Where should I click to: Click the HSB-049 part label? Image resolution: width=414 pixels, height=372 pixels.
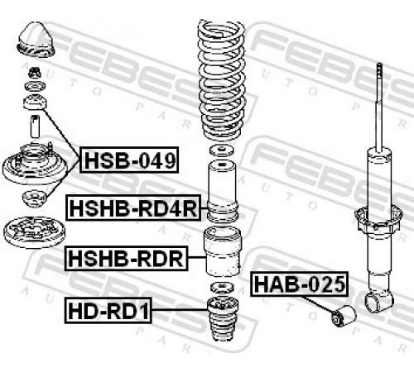click(129, 160)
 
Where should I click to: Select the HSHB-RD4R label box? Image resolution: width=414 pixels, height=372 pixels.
click(133, 207)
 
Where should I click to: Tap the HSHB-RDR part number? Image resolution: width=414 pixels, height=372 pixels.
click(127, 258)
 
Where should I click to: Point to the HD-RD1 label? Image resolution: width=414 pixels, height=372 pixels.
click(108, 310)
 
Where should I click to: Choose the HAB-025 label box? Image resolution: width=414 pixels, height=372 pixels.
click(300, 284)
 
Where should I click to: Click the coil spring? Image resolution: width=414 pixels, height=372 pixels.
click(221, 80)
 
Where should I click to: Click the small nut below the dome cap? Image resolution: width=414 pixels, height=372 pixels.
click(35, 73)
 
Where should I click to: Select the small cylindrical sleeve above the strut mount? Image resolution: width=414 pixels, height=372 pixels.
click(35, 126)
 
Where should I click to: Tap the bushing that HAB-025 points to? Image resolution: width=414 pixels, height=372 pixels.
click(344, 315)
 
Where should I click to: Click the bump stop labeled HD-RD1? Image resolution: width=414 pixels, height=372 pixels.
click(223, 319)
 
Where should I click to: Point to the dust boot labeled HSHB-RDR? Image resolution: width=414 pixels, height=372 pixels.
click(222, 251)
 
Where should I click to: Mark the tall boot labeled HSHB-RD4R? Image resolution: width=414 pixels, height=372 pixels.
click(223, 192)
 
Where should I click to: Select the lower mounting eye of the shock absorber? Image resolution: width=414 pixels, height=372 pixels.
click(379, 301)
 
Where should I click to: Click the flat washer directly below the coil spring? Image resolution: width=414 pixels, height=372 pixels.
click(221, 150)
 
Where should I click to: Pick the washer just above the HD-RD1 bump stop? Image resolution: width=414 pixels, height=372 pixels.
click(222, 288)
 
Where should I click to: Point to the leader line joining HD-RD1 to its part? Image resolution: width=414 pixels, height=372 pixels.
click(180, 310)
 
